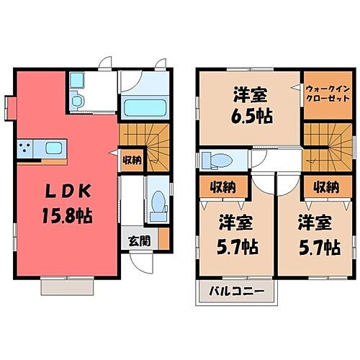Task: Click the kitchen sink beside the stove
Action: coord(54,148)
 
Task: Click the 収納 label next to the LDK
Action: coord(130,160)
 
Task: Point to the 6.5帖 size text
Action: coord(251,115)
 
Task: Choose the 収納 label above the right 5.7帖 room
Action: coord(325,187)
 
